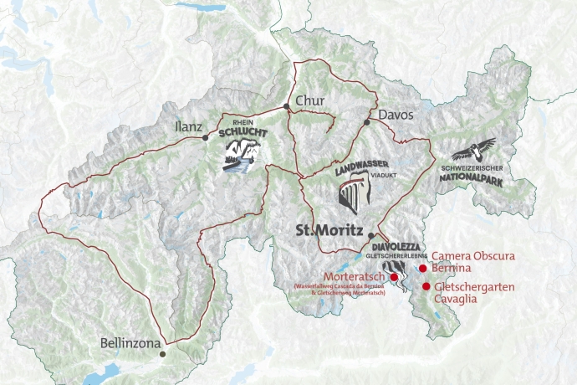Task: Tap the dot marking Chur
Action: (x=287, y=106)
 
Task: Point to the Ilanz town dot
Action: (x=206, y=138)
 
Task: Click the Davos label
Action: (x=396, y=115)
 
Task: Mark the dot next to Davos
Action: (x=366, y=122)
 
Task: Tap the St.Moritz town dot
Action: (x=371, y=236)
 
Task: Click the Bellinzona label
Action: (x=127, y=343)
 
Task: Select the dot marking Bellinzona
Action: (x=163, y=354)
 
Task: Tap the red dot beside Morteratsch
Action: (x=394, y=276)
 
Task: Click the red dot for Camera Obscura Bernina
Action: (x=423, y=269)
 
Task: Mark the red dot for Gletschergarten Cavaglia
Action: (x=426, y=286)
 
